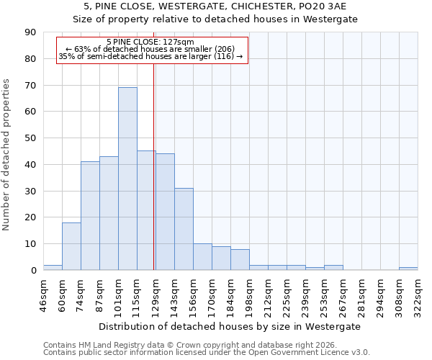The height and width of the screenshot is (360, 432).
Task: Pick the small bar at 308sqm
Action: coord(408,269)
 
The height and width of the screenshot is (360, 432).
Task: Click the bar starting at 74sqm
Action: coord(90,216)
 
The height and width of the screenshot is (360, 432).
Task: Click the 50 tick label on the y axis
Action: coord(32,138)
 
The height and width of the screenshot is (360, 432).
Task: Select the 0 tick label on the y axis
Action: coord(35,270)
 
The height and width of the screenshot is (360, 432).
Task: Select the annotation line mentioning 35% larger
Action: coord(150,56)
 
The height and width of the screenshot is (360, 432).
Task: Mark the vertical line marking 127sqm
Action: coord(154,180)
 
